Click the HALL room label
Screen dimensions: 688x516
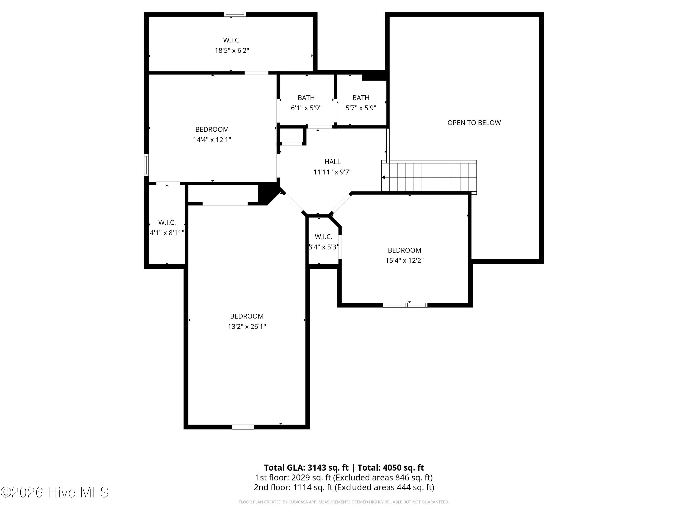(333, 162)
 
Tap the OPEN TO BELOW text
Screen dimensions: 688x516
(474, 123)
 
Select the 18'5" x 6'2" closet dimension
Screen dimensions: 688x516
(232, 50)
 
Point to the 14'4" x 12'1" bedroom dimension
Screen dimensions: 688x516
(212, 140)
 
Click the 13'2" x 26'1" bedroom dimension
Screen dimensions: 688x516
(247, 327)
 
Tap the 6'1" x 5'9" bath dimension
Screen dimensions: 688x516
(306, 108)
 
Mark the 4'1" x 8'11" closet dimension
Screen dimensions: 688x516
(167, 233)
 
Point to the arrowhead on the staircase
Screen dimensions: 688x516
(383, 178)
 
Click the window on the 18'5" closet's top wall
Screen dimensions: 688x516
(235, 14)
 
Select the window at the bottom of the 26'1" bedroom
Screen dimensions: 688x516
(243, 427)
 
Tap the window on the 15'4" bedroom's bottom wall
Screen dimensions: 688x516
(405, 305)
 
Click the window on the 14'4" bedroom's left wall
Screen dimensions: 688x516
(146, 165)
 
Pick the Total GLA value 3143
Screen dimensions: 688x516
(317, 468)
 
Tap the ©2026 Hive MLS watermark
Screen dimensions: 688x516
(55, 492)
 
